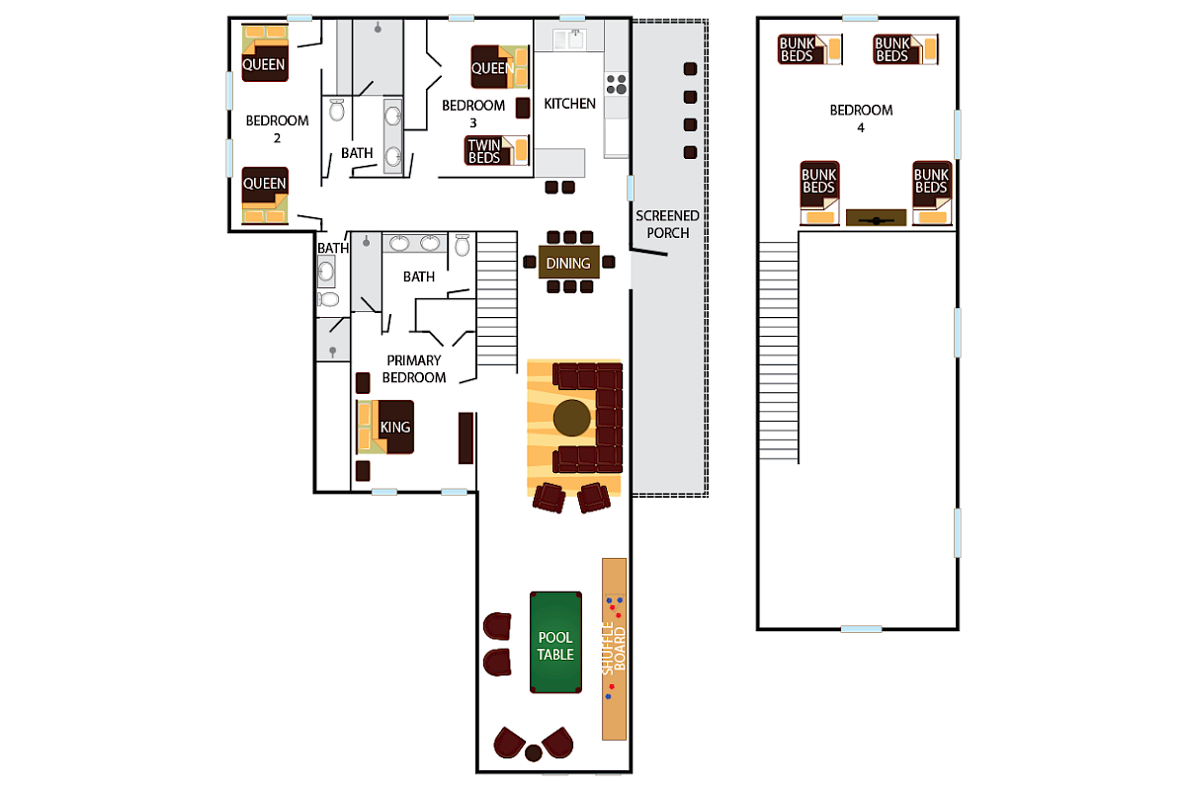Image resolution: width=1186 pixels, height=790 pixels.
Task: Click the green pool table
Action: tap(555, 642)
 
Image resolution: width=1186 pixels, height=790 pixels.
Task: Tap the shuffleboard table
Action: tap(615, 649)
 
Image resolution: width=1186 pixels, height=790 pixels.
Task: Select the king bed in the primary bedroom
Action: tap(385, 427)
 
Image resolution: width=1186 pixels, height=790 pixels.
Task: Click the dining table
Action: tap(568, 263)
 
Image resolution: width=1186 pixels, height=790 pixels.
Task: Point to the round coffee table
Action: tap(572, 419)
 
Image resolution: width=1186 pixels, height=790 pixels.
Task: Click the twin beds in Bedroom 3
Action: tap(497, 151)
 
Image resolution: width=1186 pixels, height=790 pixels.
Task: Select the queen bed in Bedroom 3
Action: tap(500, 68)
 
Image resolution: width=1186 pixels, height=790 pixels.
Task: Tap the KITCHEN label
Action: tap(570, 104)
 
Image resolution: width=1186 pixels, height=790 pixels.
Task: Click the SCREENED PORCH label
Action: tap(667, 224)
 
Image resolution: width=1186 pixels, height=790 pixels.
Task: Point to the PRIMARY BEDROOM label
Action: tap(415, 368)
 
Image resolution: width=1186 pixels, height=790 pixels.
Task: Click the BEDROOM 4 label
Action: tap(861, 118)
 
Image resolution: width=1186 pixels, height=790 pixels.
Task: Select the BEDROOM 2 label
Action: tap(277, 129)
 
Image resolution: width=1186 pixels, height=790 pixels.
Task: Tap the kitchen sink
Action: tap(569, 39)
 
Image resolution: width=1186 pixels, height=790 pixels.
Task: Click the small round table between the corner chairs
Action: tap(534, 753)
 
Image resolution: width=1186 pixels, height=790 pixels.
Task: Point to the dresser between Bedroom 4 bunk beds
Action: tap(876, 218)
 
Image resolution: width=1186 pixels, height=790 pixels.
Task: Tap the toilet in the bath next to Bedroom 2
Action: tap(336, 110)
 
